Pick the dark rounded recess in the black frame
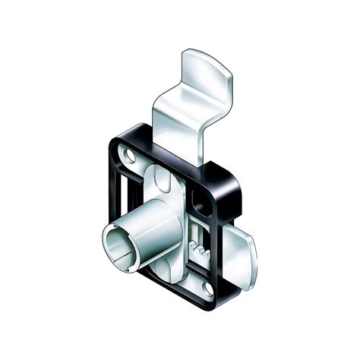[204, 201]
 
